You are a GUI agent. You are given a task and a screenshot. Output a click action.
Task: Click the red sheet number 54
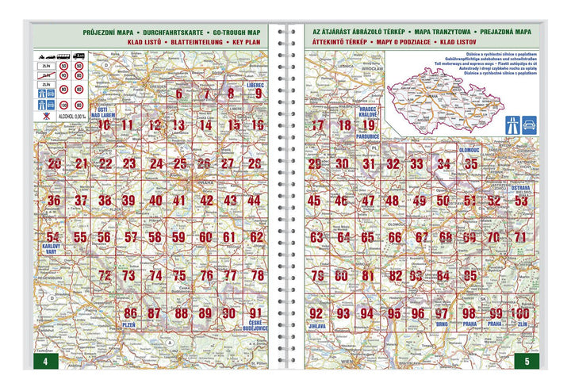pos(53,236)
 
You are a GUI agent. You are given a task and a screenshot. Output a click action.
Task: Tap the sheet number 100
pos(520,313)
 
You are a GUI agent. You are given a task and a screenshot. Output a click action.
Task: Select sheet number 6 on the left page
pos(179,94)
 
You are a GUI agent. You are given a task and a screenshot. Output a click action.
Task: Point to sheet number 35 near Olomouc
pos(471,164)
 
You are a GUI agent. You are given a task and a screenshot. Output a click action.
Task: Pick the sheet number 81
pos(367,276)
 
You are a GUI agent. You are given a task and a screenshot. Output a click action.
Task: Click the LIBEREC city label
pos(255,83)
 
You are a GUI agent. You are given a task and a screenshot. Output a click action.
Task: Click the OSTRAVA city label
pos(520,188)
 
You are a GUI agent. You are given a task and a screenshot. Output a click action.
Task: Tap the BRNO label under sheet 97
pos(442,325)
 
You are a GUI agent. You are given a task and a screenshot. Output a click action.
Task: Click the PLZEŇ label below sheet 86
pos(129,325)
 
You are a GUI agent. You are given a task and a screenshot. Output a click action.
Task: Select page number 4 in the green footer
pos(45,362)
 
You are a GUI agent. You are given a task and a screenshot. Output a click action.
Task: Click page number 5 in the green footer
pos(526,362)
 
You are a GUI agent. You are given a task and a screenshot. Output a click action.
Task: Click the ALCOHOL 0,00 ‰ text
pos(67,116)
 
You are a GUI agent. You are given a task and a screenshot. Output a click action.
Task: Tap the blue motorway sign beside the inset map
pos(528,125)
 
